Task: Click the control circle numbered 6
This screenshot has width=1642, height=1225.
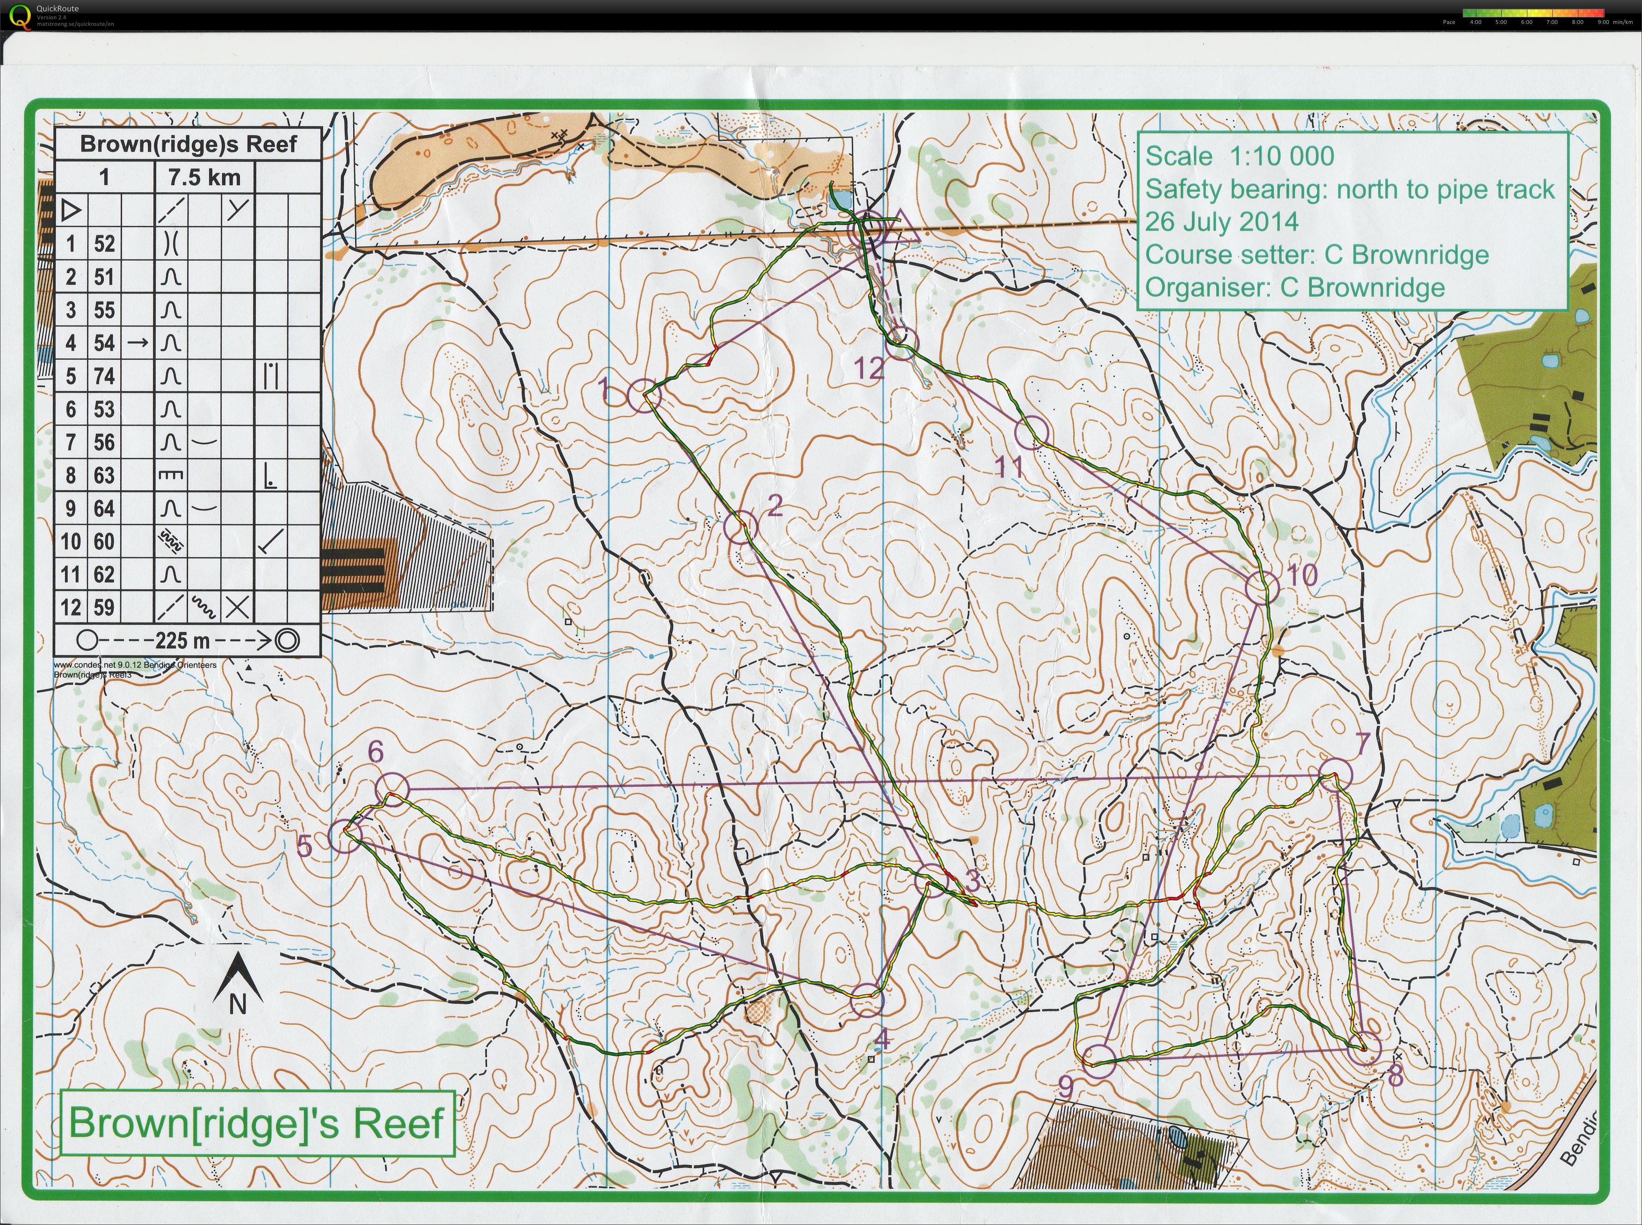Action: click(x=392, y=788)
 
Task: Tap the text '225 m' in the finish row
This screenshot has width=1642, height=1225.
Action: click(x=182, y=640)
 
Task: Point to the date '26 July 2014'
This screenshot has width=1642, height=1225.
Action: click(x=1221, y=222)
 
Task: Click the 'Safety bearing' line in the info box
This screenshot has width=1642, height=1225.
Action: click(x=1349, y=189)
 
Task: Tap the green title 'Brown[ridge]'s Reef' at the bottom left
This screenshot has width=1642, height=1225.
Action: click(x=257, y=1123)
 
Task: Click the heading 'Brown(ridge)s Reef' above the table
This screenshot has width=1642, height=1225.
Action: click(x=189, y=144)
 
